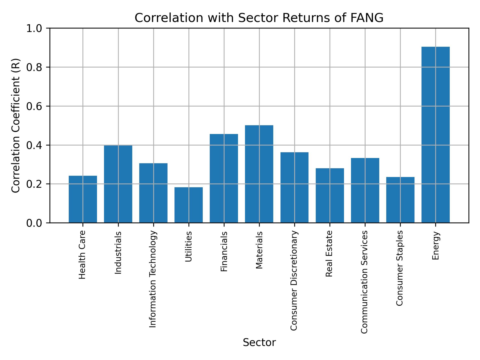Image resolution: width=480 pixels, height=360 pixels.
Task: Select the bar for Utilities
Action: [188, 205]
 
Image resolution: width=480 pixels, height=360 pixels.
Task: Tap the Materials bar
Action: [259, 174]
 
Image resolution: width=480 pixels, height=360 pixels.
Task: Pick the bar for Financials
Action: [224, 178]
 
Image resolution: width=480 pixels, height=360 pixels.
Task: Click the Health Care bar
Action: [83, 199]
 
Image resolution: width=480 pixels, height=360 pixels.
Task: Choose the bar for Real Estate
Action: [330, 195]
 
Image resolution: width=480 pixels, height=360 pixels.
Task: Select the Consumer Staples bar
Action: [400, 200]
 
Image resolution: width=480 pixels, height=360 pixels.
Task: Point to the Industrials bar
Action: [118, 184]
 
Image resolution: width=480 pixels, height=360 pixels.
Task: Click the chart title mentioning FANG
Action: [259, 18]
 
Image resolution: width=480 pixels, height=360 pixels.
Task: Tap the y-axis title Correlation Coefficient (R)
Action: [15, 125]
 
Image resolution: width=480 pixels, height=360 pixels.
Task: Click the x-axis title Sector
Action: [259, 342]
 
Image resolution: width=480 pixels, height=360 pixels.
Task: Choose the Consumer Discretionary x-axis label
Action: [294, 280]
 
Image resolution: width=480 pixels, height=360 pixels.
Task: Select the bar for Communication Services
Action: [365, 190]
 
